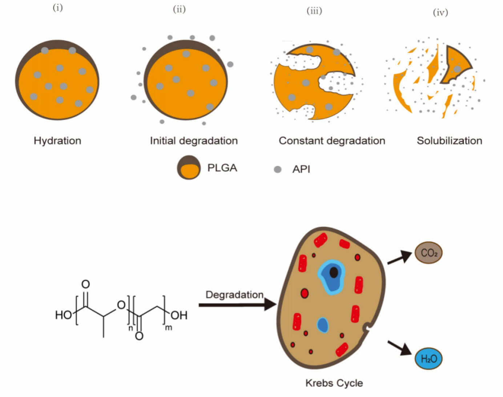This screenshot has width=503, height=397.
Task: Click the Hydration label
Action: click(57, 141)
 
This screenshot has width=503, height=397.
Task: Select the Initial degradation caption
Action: click(194, 141)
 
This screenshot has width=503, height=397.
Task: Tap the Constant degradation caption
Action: click(331, 141)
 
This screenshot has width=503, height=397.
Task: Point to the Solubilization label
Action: click(449, 141)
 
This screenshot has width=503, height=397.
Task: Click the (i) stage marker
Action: click(58, 8)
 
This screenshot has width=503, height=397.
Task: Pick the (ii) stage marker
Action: click(179, 9)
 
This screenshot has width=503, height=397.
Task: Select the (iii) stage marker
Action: click(314, 11)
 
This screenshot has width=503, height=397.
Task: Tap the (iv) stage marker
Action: click(440, 13)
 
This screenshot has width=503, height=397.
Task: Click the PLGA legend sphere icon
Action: click(189, 168)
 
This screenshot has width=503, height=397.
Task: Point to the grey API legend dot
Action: click(278, 169)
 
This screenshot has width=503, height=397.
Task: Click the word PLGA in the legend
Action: click(222, 168)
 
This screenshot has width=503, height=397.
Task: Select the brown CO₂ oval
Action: click(428, 253)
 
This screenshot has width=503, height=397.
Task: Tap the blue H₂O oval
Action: click(428, 359)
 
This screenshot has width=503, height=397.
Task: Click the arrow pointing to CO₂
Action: click(400, 257)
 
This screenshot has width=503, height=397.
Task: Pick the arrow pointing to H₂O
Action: click(399, 348)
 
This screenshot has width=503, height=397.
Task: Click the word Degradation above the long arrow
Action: click(234, 294)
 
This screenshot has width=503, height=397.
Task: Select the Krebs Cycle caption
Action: click(334, 383)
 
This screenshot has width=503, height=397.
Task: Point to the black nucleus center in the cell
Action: click(333, 272)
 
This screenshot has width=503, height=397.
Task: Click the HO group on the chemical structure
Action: click(63, 315)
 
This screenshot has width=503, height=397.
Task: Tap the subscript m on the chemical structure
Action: click(169, 328)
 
